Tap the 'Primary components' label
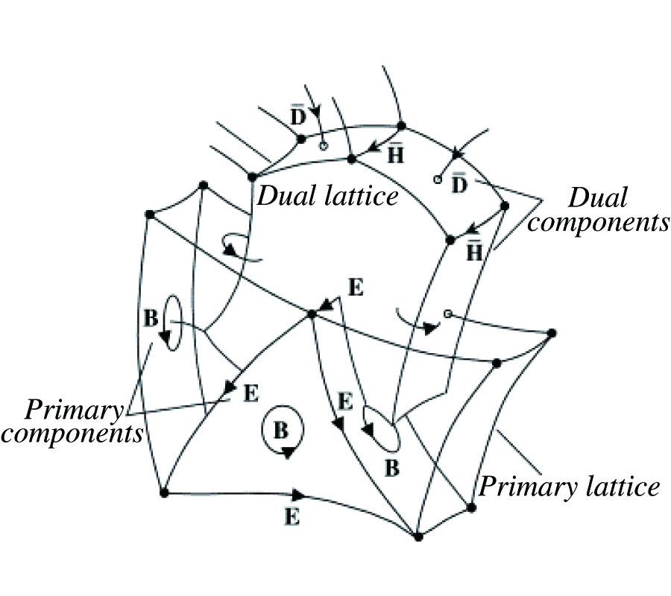72,422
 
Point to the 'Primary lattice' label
569,487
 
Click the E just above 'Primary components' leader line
251,393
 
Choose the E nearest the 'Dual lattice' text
356,287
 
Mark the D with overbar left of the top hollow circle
297,117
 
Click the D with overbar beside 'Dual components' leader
460,182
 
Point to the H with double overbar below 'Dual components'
474,251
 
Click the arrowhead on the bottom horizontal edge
298,495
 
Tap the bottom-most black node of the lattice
418,536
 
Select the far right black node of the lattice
552,333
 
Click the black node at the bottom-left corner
163,492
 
